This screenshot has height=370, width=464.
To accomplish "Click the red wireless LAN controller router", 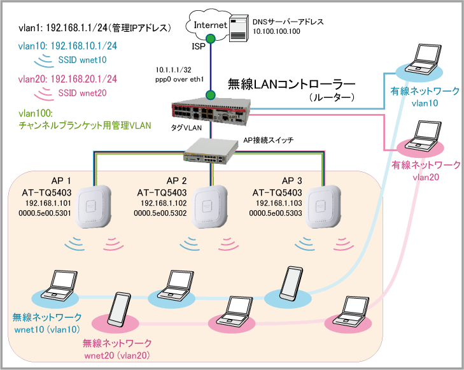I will point(216,112).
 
